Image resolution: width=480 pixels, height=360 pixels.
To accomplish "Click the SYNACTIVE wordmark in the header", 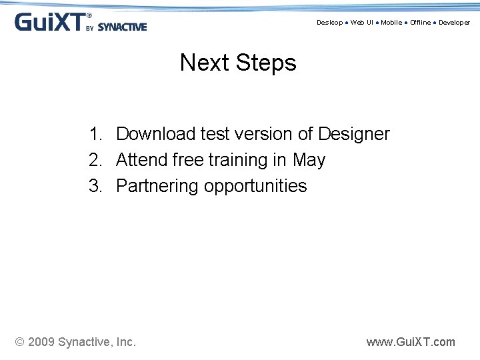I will click(x=122, y=27).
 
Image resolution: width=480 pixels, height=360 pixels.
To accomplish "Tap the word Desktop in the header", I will click(x=329, y=23).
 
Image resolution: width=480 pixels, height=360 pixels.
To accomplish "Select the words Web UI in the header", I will click(x=362, y=23).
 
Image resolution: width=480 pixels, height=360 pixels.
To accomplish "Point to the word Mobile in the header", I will click(x=391, y=23).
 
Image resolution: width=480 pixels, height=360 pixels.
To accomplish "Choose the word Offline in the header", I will click(x=420, y=23).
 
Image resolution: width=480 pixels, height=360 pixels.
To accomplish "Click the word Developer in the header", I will click(x=454, y=23).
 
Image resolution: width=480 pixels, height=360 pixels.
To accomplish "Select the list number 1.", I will click(x=95, y=134).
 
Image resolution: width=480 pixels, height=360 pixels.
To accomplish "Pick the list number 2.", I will click(x=95, y=160).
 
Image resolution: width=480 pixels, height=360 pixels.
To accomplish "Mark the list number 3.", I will click(x=95, y=186).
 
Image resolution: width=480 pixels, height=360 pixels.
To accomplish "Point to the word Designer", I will click(x=353, y=134).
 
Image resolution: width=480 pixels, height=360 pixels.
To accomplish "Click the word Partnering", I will click(x=157, y=186).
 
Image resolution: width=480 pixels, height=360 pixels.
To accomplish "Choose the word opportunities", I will click(x=255, y=187).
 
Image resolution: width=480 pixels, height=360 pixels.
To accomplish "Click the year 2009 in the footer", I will click(x=42, y=342).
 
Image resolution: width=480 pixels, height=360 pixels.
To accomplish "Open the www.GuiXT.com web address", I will click(x=411, y=342).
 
